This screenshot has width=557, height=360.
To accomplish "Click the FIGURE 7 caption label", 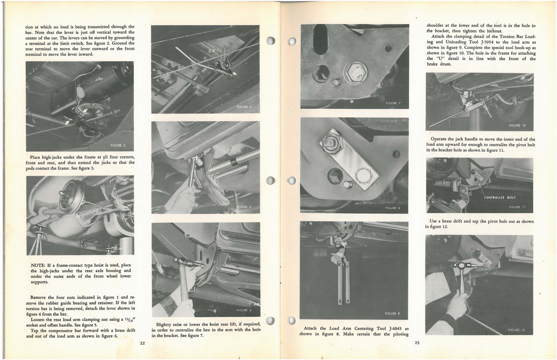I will pos(393,103).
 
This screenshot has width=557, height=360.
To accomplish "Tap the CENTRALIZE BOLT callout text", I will pos(500,198).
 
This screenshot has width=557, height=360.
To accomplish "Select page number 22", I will pos(142,343).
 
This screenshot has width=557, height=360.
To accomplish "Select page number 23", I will pos(417,343).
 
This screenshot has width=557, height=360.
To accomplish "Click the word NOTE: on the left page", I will pos(38,265).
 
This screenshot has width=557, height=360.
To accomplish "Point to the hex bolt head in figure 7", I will pos(355,73).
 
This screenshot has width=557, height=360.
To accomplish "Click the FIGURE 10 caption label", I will pos(517,126).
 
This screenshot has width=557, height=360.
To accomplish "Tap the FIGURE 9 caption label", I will pos(392,314).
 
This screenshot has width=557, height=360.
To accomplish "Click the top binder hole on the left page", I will pos(271,41).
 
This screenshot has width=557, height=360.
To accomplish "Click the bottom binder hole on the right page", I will pos(292,320).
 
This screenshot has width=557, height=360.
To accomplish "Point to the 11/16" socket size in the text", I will pos(128,320).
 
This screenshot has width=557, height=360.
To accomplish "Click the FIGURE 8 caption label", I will pos(393,208).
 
